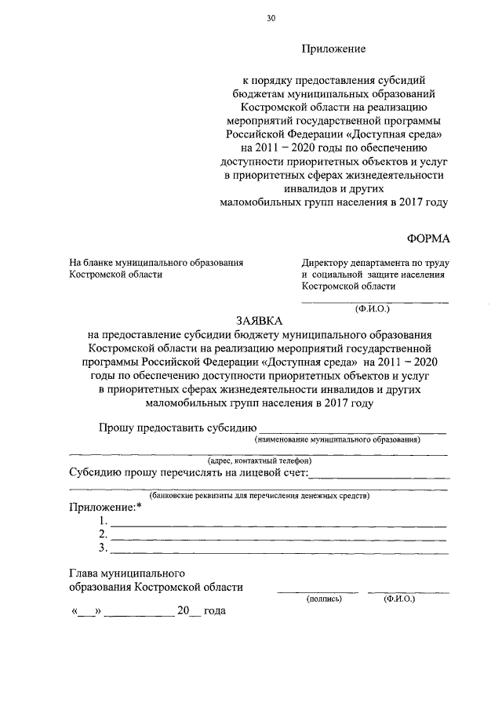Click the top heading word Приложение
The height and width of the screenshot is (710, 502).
(334, 49)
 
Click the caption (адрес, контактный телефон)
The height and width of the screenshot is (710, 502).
(260, 461)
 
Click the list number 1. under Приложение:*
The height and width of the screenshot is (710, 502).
(102, 522)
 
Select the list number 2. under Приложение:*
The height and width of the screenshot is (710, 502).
(102, 535)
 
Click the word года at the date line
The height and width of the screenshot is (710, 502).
(214, 610)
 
